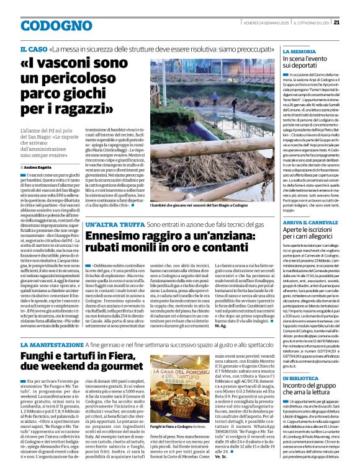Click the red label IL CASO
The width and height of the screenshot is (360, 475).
click(x=33, y=48)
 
